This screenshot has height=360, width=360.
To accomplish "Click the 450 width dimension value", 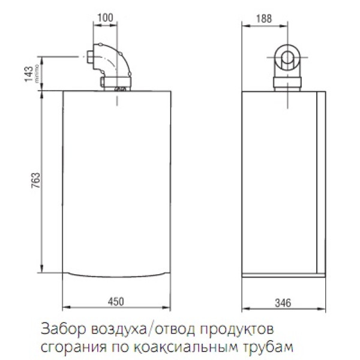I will coord(116,301).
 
